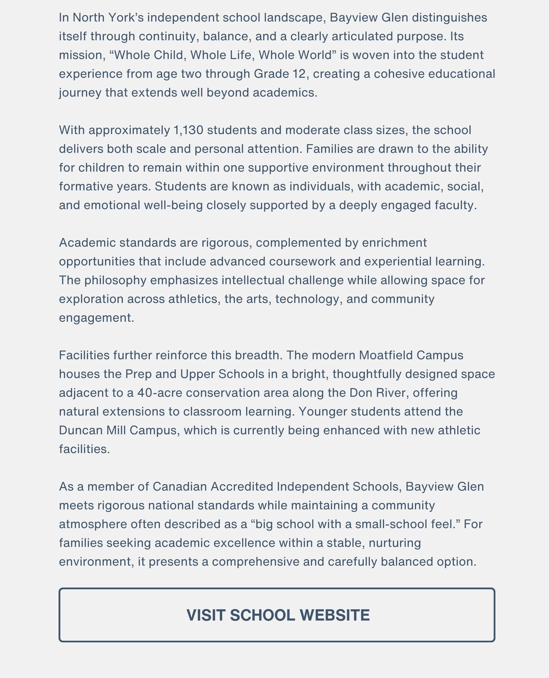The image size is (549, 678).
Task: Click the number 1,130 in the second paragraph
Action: pyautogui.click(x=188, y=130)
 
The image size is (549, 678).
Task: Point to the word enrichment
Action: pyautogui.click(x=394, y=243)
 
